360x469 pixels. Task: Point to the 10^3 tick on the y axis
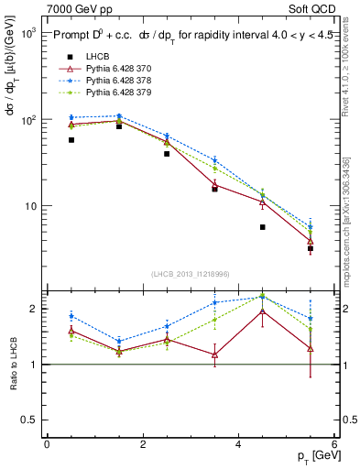(27, 33)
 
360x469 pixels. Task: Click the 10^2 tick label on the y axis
(27, 120)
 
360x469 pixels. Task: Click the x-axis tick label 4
(238, 444)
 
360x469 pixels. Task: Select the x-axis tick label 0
(47, 444)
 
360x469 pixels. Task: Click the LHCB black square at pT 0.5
(71, 140)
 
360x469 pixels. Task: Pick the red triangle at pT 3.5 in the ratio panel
(215, 354)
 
